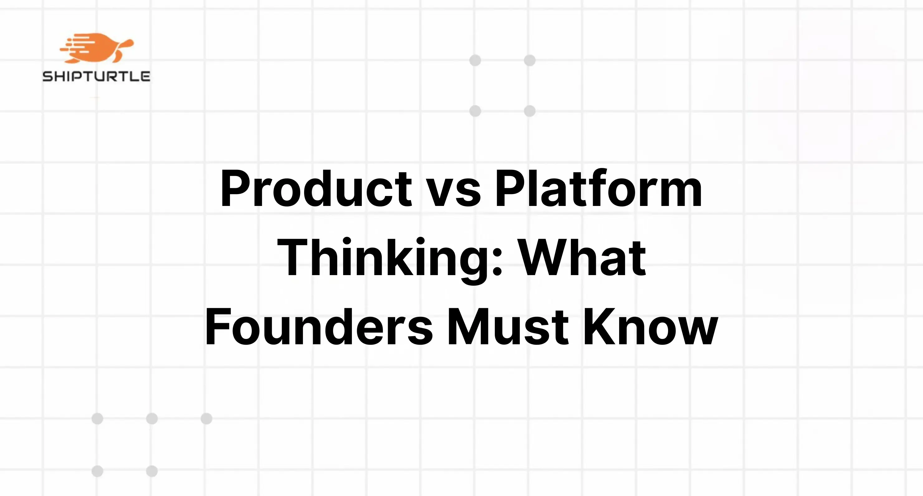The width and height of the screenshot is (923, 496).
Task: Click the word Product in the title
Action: pos(316,189)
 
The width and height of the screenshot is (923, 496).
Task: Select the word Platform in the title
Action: pos(598,189)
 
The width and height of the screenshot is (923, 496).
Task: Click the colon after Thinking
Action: pos(497,263)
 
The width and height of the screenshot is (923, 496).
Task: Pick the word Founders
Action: pos(319,327)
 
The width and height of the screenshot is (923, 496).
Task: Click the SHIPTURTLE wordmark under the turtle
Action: pos(96,76)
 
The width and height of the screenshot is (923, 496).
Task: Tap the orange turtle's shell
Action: pos(100,46)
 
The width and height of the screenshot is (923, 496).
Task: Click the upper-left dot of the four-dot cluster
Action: pos(475,60)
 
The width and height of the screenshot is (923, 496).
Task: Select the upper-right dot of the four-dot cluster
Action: pos(529,60)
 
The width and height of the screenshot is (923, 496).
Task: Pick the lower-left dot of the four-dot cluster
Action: pos(475,111)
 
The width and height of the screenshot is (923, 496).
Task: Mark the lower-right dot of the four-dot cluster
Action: pos(529,111)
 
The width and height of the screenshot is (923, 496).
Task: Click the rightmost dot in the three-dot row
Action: pos(206,418)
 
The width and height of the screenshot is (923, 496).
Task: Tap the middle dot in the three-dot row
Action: pos(152,418)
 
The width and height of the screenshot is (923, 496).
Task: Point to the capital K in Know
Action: pos(598,327)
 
